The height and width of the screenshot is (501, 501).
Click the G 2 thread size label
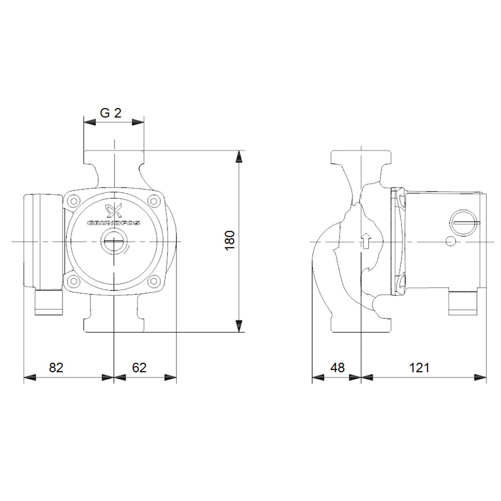[x=111, y=113]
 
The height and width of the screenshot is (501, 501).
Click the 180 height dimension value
[x=231, y=241]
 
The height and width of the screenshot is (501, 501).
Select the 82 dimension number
[x=56, y=367]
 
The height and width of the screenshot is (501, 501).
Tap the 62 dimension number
[x=139, y=367]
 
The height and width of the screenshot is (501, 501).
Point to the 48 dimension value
[x=338, y=367]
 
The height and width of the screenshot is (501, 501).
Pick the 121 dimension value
[x=419, y=367]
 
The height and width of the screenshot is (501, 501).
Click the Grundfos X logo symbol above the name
[x=114, y=211]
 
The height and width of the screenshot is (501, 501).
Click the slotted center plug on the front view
[x=113, y=242]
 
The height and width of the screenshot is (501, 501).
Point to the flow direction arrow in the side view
[x=366, y=241]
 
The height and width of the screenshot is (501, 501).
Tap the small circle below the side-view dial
[x=450, y=242]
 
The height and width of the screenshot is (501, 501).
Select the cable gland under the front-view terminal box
[x=49, y=302]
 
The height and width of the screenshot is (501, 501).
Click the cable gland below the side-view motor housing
[x=462, y=303]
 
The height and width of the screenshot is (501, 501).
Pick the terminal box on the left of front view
[x=43, y=241]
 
